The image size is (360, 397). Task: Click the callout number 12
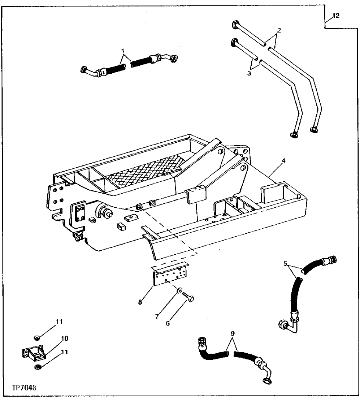pos(336,16)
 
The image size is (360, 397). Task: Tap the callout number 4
pos(284,160)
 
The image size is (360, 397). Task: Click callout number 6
pos(168,324)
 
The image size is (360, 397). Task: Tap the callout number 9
pos(233,333)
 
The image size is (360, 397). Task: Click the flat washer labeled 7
pos(179,290)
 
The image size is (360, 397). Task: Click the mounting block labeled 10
pos(35,354)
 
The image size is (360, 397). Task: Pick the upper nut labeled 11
pos(36,338)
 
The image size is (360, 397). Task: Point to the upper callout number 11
pos(59,322)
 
